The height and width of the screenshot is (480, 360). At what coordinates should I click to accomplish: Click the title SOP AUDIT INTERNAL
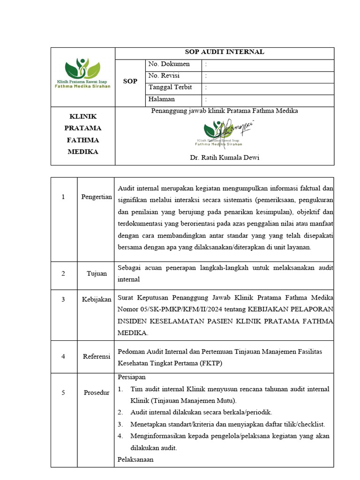(225, 52)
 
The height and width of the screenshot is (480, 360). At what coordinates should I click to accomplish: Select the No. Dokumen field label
(169, 64)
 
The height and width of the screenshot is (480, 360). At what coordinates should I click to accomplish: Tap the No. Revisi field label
(164, 76)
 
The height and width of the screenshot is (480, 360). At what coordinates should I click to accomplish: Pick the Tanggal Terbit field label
(170, 88)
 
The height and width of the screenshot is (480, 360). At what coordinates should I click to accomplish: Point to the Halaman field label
(161, 99)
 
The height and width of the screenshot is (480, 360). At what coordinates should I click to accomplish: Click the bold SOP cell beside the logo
(130, 82)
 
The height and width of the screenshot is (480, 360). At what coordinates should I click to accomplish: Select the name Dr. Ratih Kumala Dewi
(225, 158)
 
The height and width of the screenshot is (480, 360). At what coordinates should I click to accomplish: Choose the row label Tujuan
(97, 274)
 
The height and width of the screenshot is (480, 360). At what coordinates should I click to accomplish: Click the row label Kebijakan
(97, 300)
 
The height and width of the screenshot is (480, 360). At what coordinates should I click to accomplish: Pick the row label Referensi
(97, 357)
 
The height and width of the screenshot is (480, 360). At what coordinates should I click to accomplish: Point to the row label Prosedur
(96, 392)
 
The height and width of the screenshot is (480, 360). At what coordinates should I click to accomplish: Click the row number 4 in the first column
(63, 357)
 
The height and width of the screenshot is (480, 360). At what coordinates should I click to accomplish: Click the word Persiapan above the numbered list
(132, 377)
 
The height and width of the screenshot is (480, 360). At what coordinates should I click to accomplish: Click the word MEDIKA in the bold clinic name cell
(83, 152)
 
